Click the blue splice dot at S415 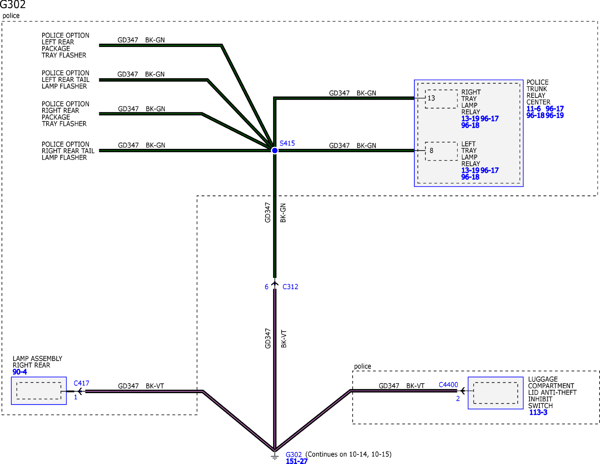coord(275,150)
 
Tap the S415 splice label coord(287,143)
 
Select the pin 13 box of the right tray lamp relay coord(441,99)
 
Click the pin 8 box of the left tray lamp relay coord(441,151)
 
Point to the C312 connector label coord(290,287)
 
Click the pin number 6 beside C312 coord(266,287)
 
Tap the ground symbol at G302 coord(275,456)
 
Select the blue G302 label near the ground coord(294,455)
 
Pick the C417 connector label coord(81,383)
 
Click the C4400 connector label coord(448,385)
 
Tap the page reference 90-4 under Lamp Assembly coord(20,372)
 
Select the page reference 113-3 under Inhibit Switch coord(538,412)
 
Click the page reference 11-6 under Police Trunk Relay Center coord(534,109)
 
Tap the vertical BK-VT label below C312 coord(284,339)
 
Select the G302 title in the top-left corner coord(13,5)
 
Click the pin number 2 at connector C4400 coord(458,399)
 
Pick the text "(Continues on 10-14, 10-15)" coord(348,454)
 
